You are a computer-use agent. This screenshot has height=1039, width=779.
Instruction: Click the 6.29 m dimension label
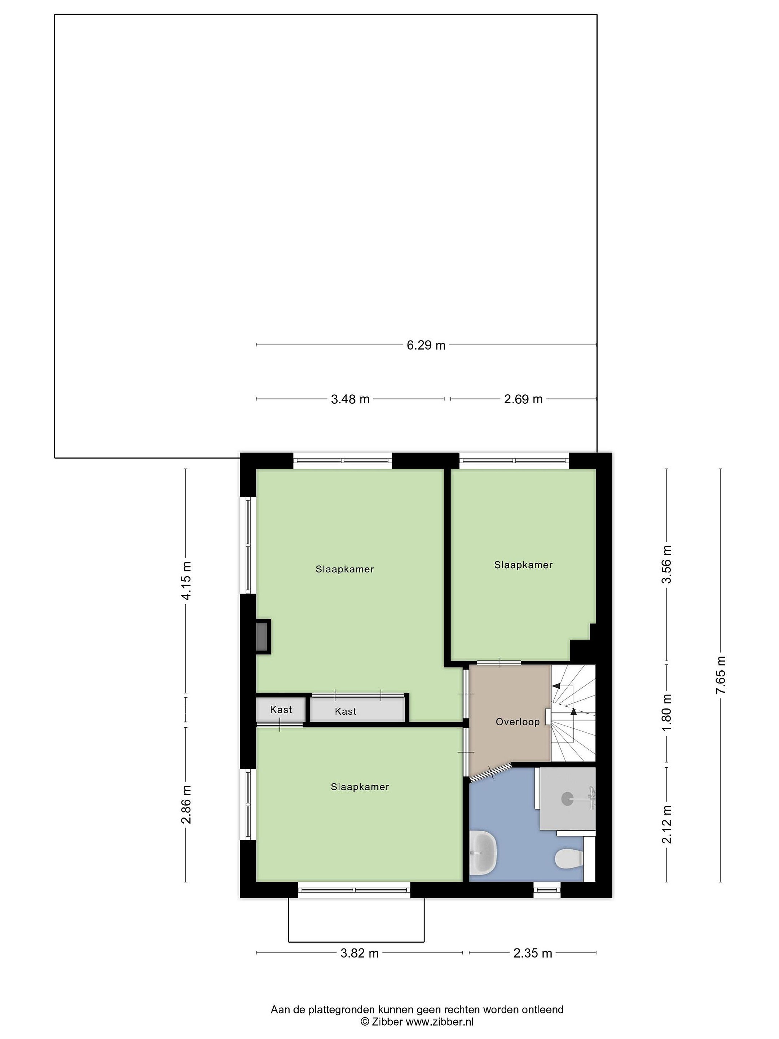click(x=426, y=345)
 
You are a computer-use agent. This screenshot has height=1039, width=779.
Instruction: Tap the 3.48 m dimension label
click(x=350, y=399)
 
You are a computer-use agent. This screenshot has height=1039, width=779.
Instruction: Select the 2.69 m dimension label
click(x=523, y=399)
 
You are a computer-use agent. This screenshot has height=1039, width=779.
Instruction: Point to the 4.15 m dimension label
click(x=186, y=580)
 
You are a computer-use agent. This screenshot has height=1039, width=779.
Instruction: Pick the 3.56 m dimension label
click(x=666, y=564)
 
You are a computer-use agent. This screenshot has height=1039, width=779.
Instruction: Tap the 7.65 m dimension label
click(x=721, y=675)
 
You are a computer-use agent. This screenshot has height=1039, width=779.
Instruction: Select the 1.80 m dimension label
click(x=666, y=713)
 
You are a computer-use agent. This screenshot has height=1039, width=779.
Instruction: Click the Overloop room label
click(x=518, y=722)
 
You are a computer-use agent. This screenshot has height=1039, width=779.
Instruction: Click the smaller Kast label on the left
click(x=281, y=709)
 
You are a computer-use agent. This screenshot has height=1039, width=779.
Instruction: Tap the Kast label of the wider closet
click(x=346, y=712)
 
